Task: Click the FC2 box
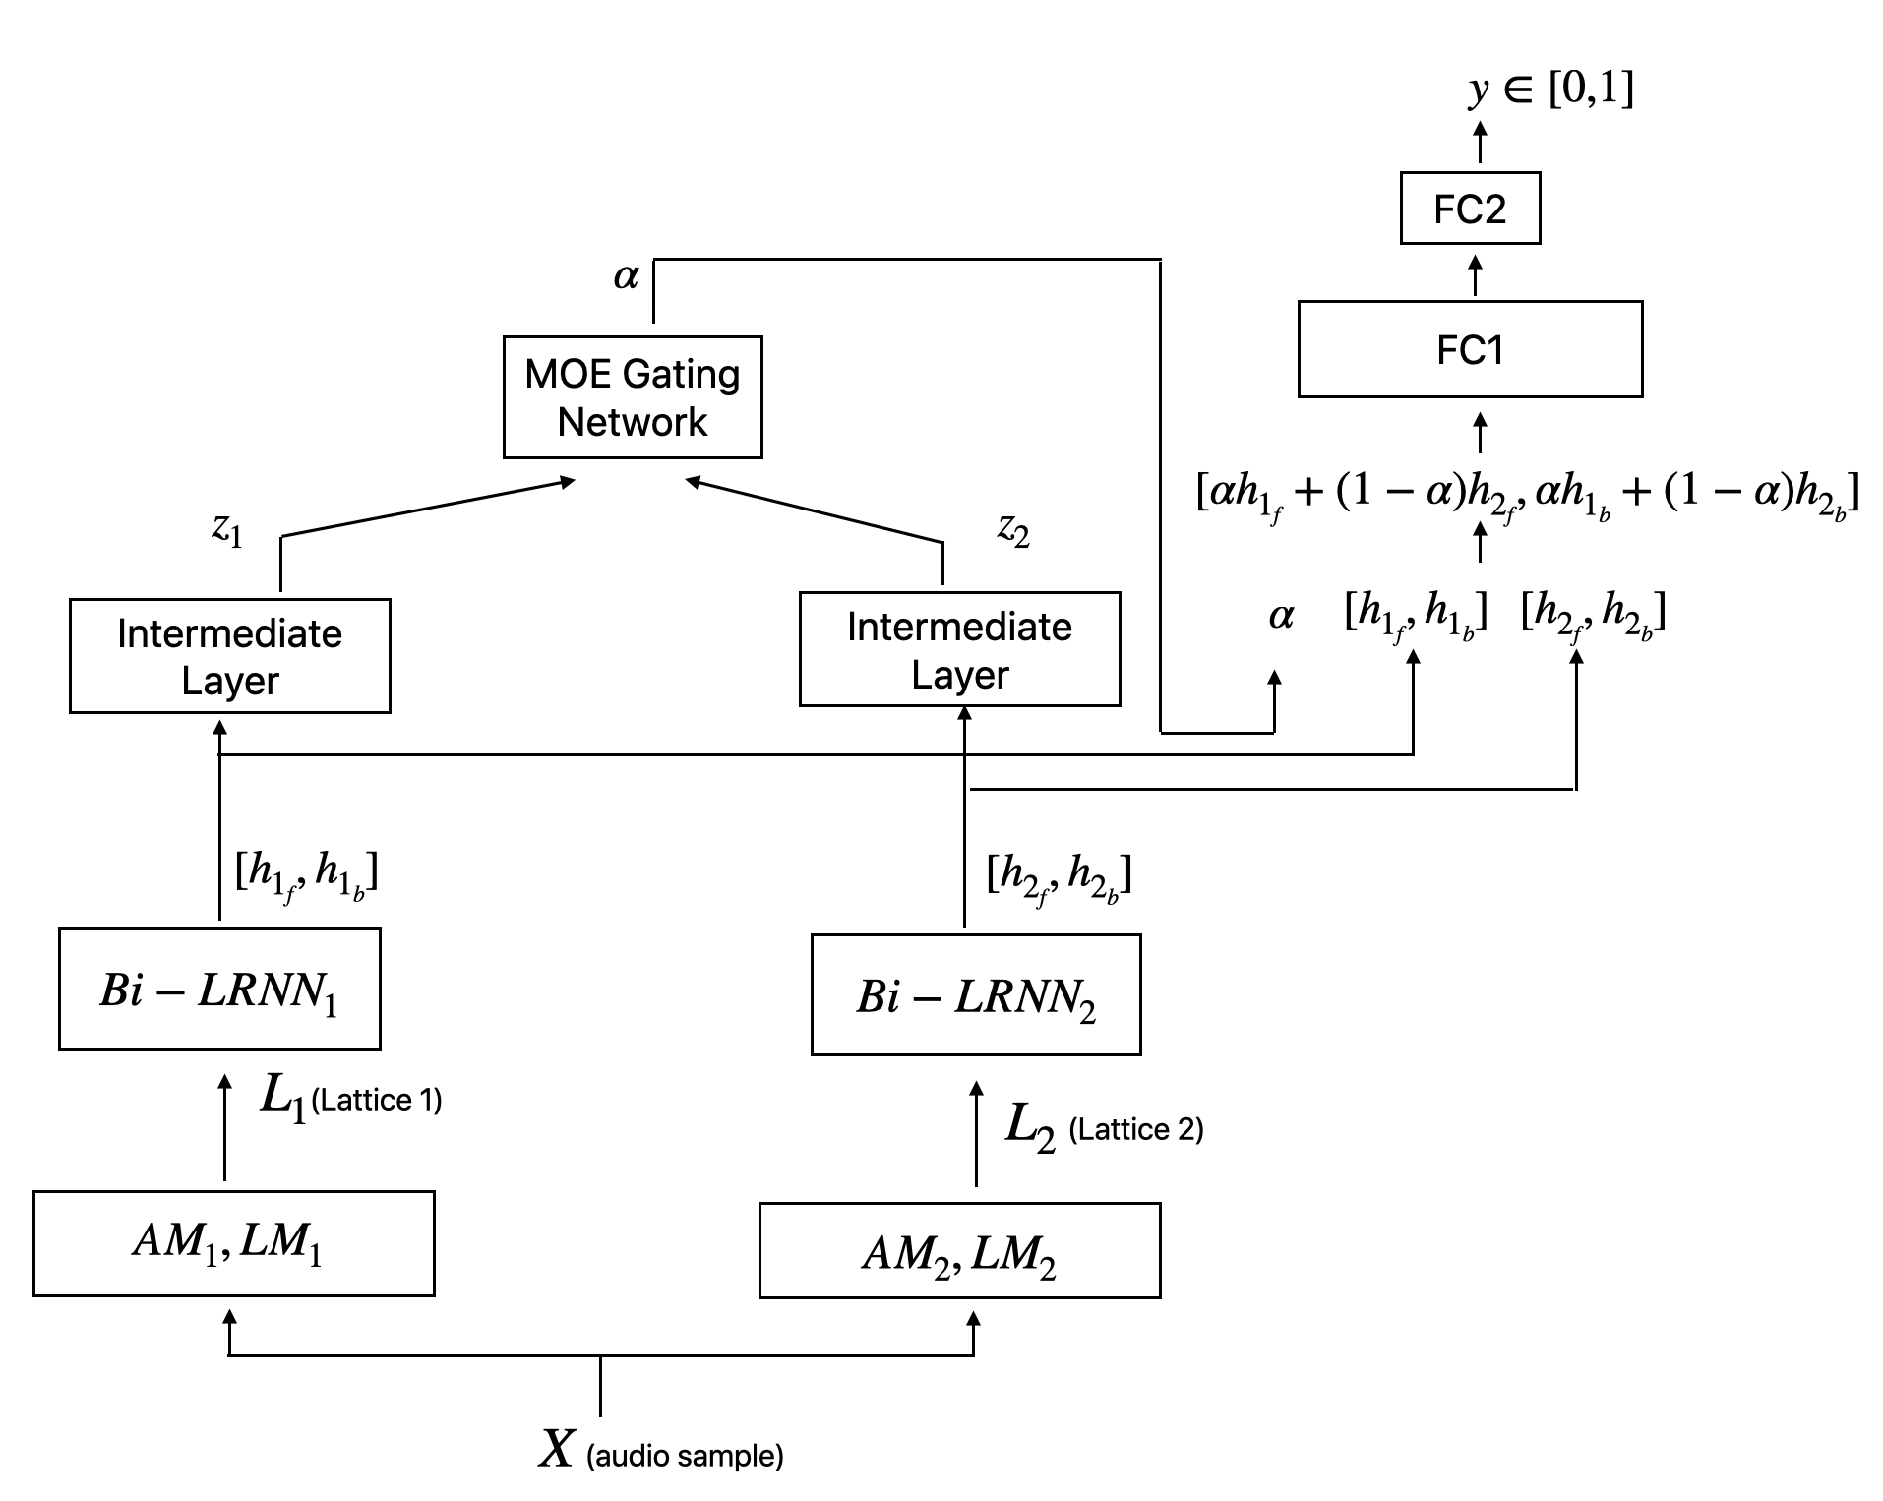click(1470, 209)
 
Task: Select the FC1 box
click(1470, 349)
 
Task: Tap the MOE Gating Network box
click(633, 397)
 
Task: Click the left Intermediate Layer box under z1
click(230, 656)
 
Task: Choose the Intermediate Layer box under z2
click(959, 649)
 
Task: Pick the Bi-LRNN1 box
click(219, 989)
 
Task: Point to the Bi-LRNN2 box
click(976, 995)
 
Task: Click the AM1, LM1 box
click(234, 1243)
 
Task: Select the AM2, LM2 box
click(960, 1251)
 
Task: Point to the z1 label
click(227, 530)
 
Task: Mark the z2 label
click(1013, 530)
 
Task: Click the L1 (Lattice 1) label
click(351, 1097)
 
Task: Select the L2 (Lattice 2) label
click(1104, 1127)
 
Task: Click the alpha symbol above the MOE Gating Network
click(626, 276)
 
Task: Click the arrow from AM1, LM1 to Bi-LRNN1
click(225, 1127)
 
